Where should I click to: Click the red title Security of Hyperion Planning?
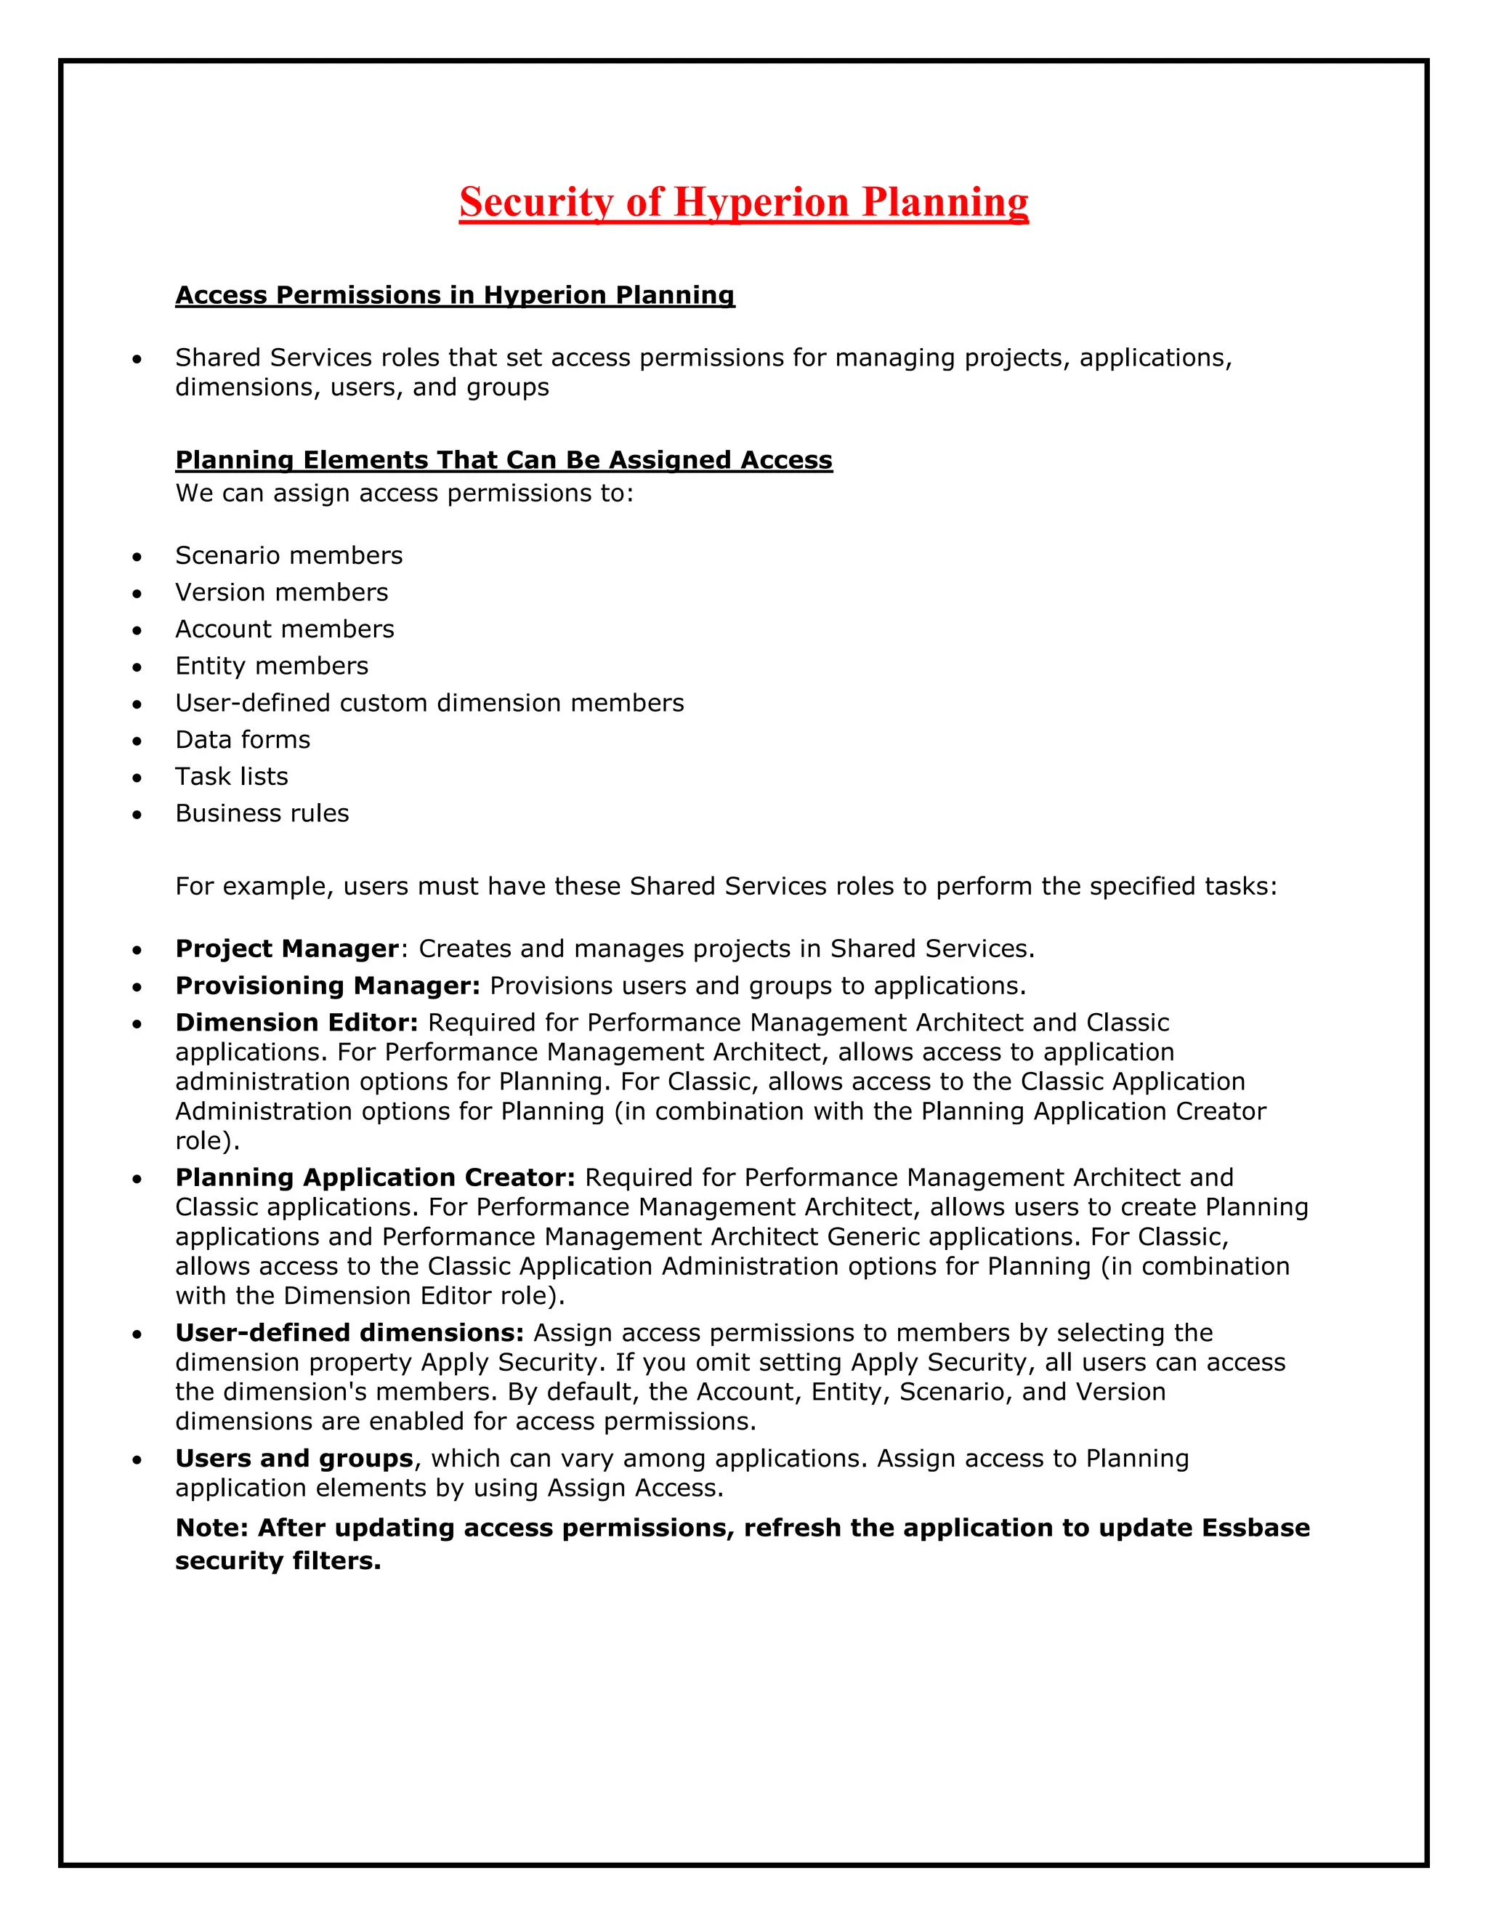743,202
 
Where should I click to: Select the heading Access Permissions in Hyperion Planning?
455,294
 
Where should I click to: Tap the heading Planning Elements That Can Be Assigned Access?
504,459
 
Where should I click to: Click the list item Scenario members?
288,555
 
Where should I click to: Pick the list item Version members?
281,592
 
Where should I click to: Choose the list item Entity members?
272,666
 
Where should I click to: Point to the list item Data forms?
243,740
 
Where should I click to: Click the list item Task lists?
232,777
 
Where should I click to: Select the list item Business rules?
262,813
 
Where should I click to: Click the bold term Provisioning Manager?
328,986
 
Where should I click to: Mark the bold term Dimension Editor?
296,1023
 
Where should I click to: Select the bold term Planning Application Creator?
375,1178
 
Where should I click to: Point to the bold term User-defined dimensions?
349,1334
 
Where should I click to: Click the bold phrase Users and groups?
294,1459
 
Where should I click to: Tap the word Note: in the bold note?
211,1528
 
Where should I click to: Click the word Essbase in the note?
1255,1528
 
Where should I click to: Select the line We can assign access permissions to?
405,493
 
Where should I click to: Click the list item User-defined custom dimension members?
429,703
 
